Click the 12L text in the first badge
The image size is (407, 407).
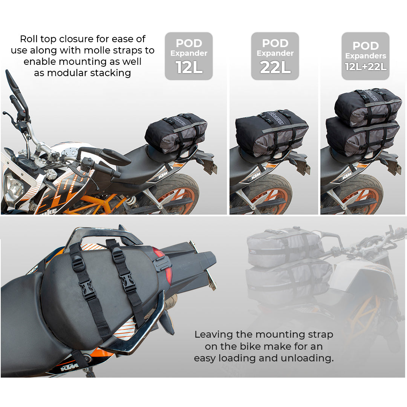coord(189,67)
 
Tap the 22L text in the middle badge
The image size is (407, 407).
coord(275,67)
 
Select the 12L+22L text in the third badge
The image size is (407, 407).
coord(365,67)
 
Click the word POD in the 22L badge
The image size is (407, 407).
coord(275,43)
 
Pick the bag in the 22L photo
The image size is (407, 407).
coord(272,133)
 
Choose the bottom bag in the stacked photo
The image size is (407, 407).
coord(363,136)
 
